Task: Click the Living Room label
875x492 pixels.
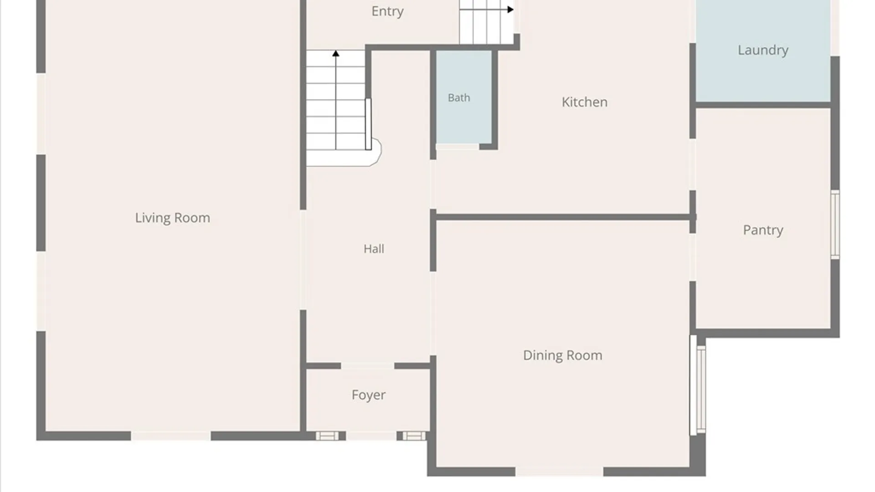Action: tap(172, 218)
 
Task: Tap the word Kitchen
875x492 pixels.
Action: tap(585, 102)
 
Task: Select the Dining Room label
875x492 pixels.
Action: tap(562, 355)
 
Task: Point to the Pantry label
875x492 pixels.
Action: tap(763, 230)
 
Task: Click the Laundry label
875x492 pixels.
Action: tap(763, 50)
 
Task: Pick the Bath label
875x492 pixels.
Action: tap(459, 97)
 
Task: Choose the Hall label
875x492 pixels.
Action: tap(374, 249)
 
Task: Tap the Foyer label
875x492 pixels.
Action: tap(368, 395)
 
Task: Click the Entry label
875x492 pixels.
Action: tap(387, 11)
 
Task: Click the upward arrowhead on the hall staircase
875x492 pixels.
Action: tap(336, 54)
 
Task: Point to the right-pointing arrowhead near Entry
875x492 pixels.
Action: tap(510, 9)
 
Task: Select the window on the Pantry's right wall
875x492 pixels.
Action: tap(835, 225)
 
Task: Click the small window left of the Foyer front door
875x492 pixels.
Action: tap(327, 436)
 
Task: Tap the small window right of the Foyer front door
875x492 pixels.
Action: tap(414, 436)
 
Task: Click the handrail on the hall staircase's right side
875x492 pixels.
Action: tap(368, 124)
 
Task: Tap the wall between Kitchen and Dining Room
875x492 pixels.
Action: tap(563, 217)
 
